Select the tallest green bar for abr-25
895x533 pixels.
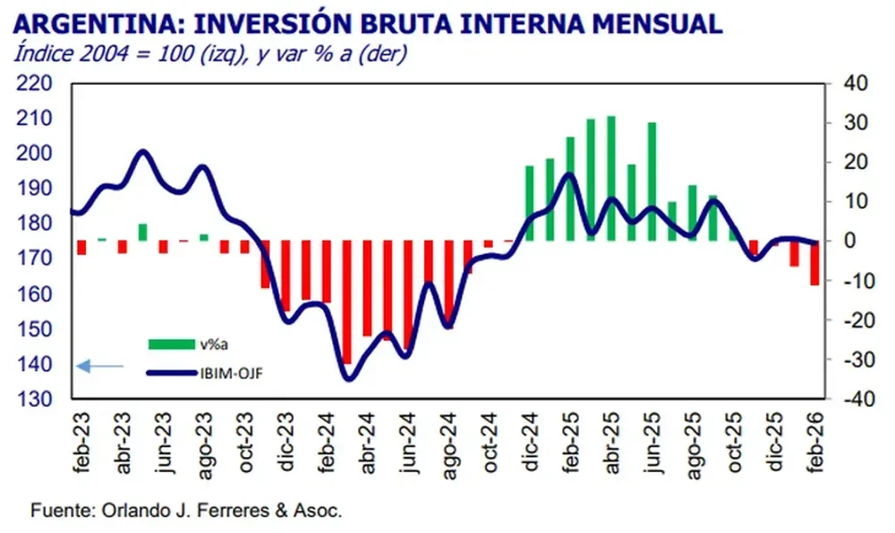pyautogui.click(x=611, y=179)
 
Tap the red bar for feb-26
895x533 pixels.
pyautogui.click(x=814, y=263)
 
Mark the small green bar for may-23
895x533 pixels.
pyautogui.click(x=141, y=233)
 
